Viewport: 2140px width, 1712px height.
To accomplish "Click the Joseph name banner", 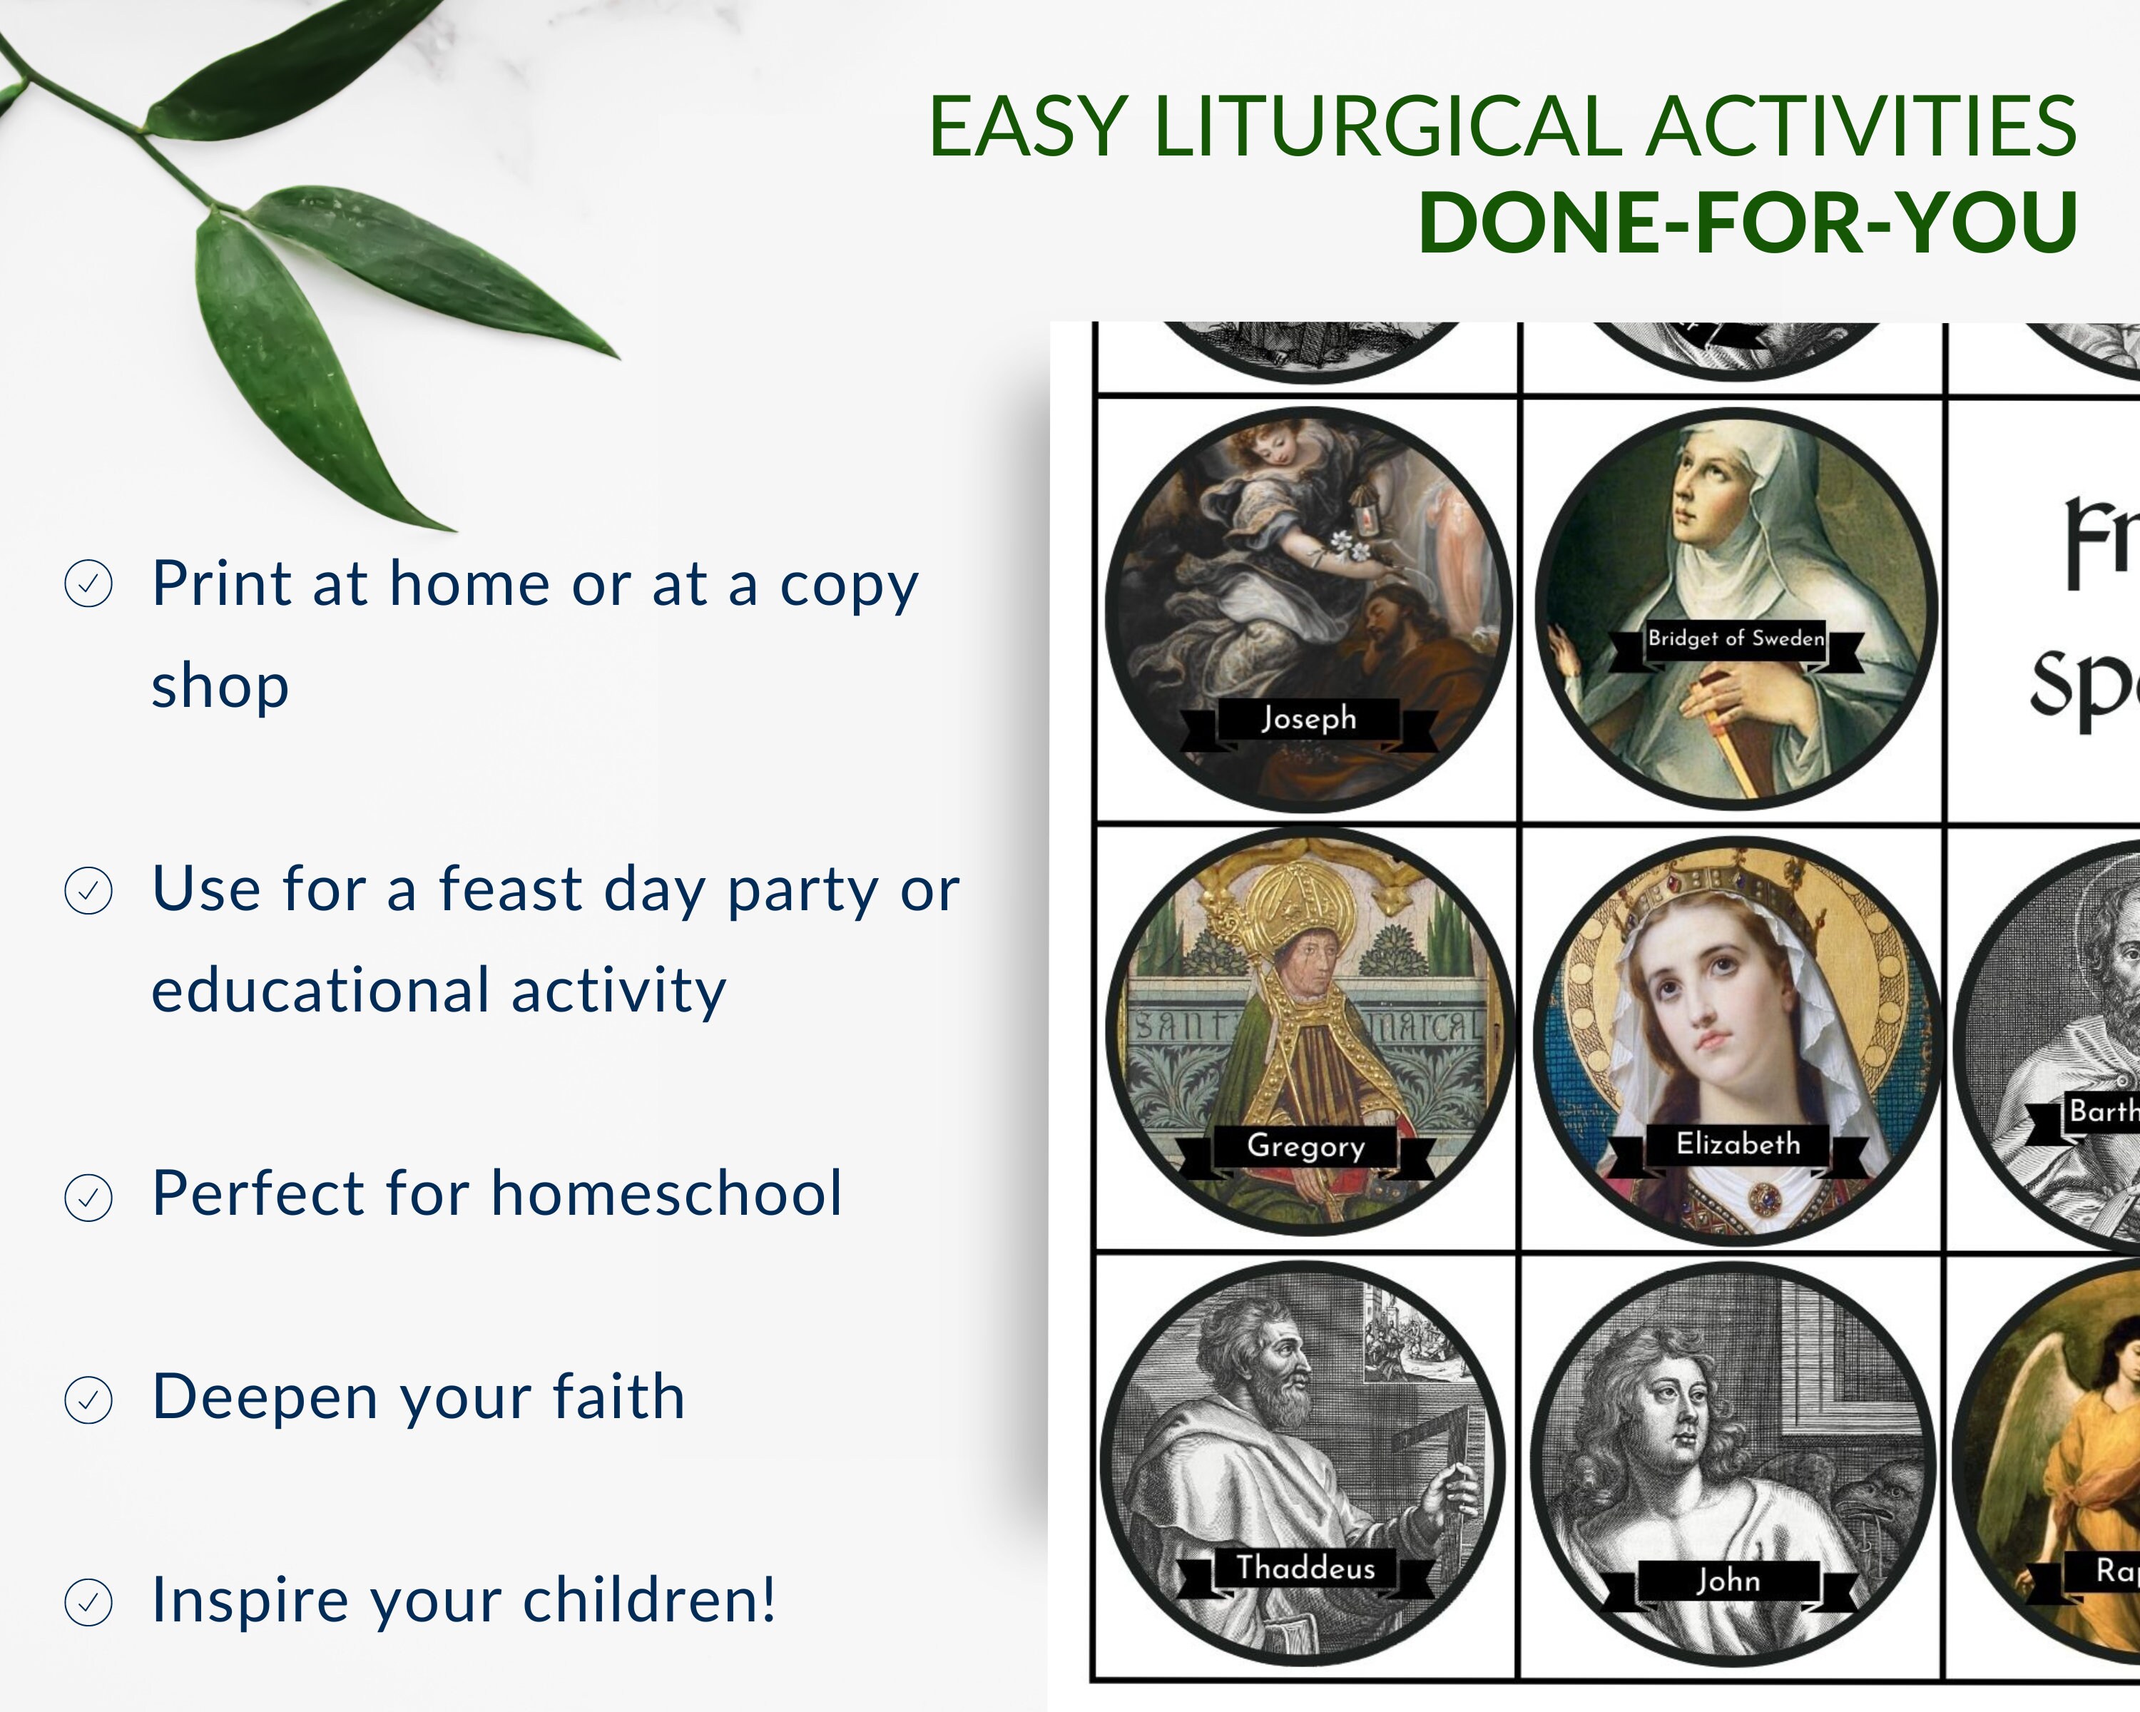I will (x=1308, y=718).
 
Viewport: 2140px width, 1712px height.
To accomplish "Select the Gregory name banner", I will (x=1305, y=1146).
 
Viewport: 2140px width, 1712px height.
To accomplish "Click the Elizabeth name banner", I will (x=1738, y=1144).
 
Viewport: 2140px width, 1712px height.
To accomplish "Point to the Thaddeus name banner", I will (x=1305, y=1568).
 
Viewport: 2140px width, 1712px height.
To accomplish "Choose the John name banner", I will (x=1728, y=1580).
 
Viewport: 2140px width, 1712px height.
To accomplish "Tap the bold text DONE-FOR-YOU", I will (x=1748, y=223).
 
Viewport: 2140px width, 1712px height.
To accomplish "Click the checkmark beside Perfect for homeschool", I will (x=88, y=1197).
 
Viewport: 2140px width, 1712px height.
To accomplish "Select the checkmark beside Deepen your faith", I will (x=88, y=1400).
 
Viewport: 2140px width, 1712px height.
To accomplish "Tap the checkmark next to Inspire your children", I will (x=88, y=1603).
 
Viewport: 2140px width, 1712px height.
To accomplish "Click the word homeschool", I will (x=667, y=1193).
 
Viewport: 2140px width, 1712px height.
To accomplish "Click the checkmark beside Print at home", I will (x=88, y=584).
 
